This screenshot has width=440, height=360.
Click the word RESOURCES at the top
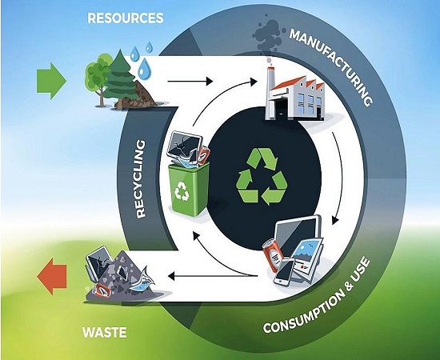(x=126, y=18)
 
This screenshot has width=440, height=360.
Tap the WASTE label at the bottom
(x=105, y=333)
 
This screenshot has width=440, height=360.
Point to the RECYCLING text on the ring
(x=141, y=179)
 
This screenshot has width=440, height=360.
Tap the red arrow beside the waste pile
(x=52, y=276)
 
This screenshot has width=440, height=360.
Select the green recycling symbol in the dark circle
(x=262, y=176)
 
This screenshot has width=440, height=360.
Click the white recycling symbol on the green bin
(x=182, y=191)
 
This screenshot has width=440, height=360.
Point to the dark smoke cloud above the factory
(x=266, y=36)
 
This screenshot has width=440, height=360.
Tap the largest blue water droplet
(x=144, y=69)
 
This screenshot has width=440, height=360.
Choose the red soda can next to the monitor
(x=273, y=254)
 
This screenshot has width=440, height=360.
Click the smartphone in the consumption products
(x=284, y=272)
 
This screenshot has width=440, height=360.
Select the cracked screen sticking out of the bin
(x=185, y=145)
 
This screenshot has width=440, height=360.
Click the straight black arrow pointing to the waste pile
(x=213, y=276)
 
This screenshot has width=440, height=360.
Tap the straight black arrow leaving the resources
(x=190, y=82)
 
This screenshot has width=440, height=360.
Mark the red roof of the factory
(x=294, y=83)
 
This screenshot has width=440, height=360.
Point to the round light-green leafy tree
(x=98, y=74)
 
